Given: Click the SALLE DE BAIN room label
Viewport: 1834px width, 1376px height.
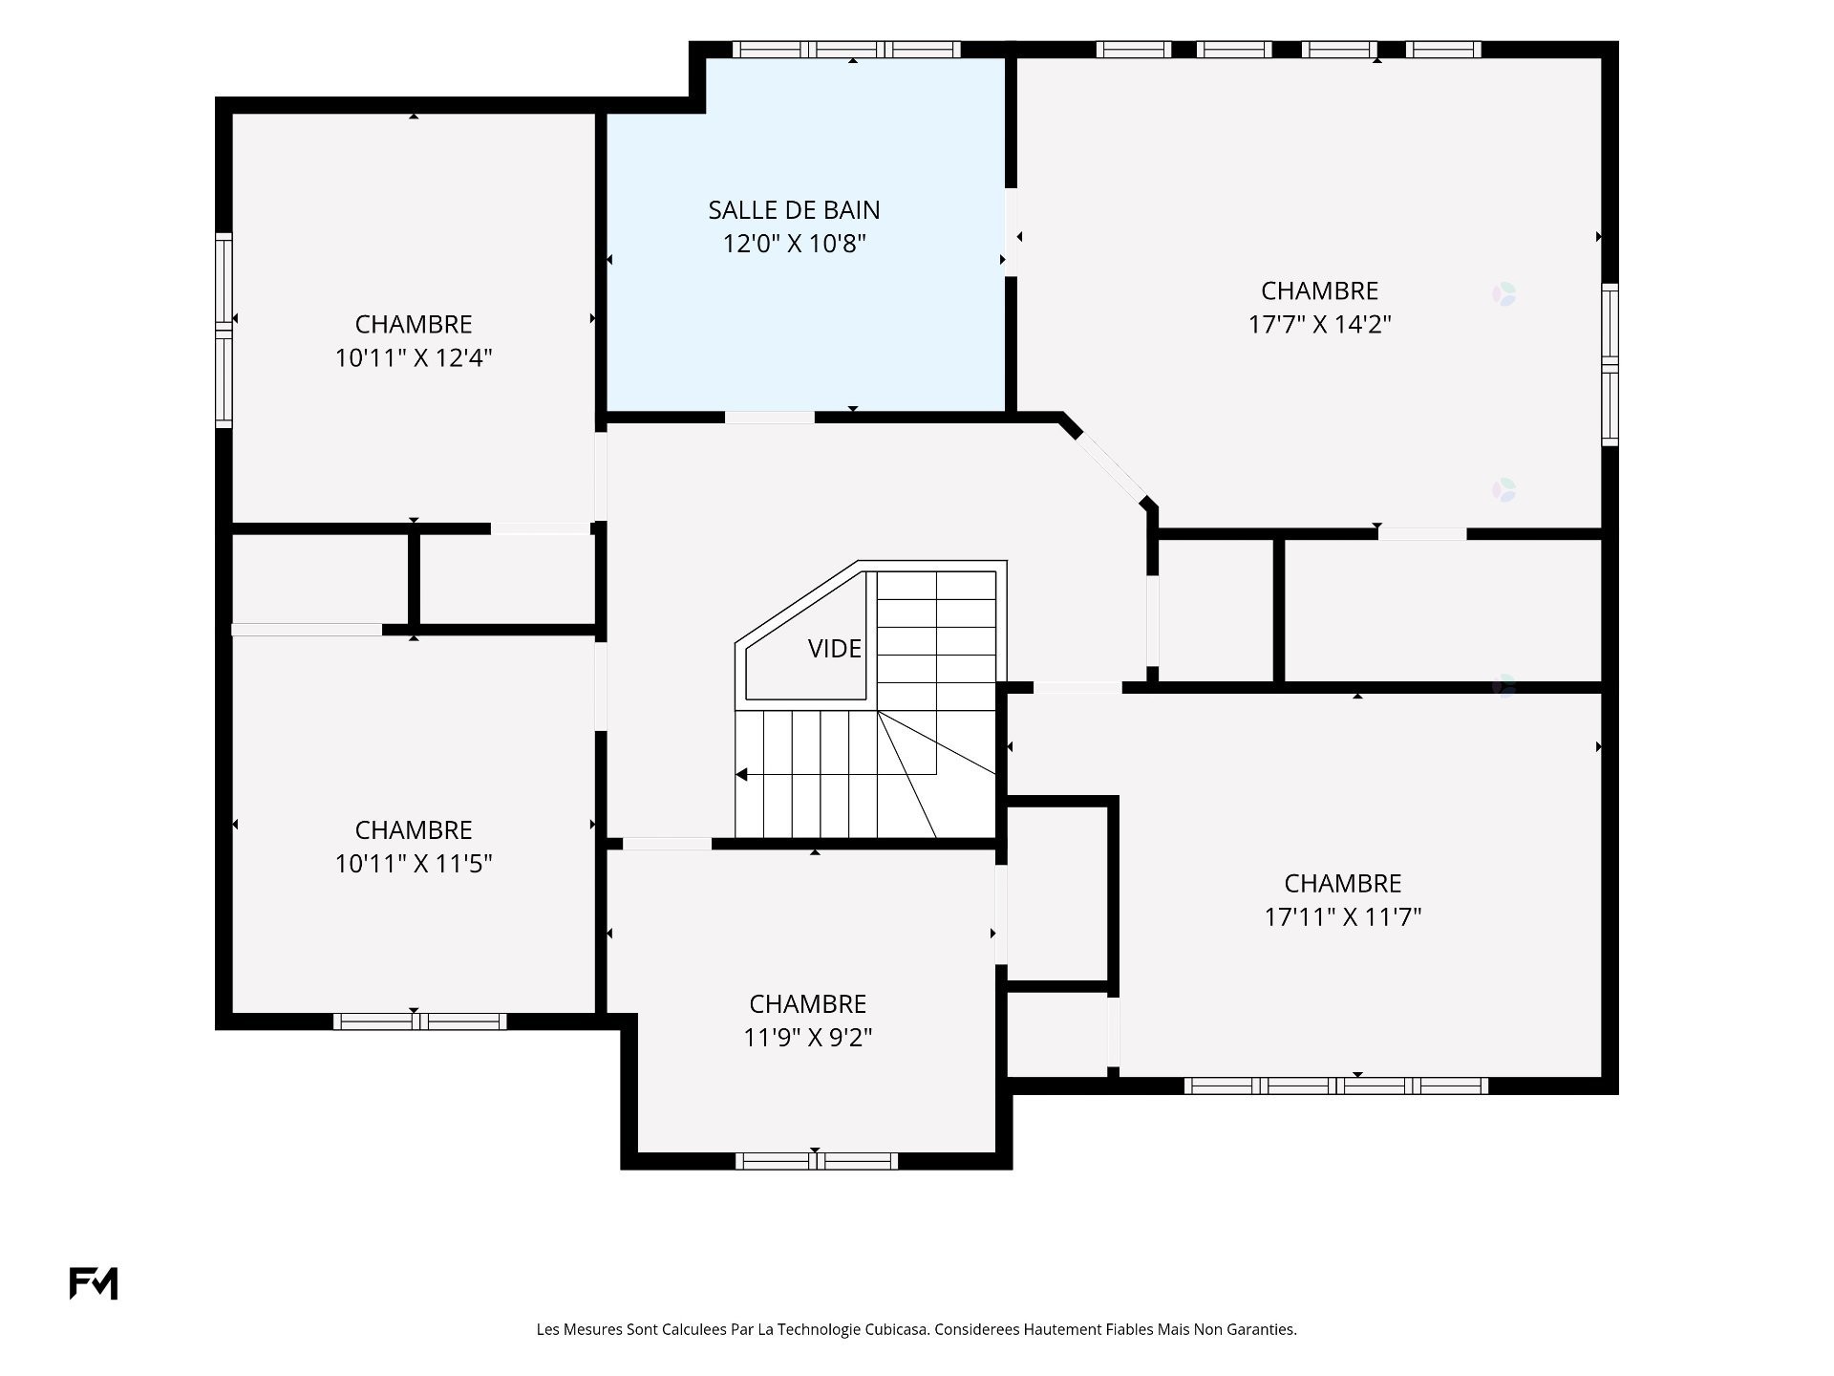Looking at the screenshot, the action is click(794, 210).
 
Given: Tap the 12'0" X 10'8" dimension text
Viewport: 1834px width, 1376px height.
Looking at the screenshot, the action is click(794, 244).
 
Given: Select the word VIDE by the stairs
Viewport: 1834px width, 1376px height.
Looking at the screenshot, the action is click(835, 649).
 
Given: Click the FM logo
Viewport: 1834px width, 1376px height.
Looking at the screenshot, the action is click(94, 1283).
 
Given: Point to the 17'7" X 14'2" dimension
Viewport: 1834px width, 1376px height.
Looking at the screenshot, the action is click(1319, 324).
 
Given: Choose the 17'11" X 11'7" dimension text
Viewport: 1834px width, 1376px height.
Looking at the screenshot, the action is click(1343, 916).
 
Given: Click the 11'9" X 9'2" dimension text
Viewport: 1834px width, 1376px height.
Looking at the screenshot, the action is click(808, 1037).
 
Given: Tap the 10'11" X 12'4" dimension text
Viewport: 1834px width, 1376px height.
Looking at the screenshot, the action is click(414, 357).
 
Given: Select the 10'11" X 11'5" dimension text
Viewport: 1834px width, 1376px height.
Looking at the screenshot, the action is click(414, 863).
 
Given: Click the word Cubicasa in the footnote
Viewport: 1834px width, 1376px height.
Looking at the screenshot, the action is click(897, 1329).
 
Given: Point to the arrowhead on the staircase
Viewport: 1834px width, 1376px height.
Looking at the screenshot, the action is click(741, 774).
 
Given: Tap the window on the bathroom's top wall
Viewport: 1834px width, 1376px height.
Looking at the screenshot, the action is click(846, 50).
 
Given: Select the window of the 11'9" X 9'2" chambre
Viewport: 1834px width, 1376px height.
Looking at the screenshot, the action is click(817, 1161).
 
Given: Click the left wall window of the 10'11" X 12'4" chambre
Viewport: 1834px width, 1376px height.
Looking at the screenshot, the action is click(224, 330).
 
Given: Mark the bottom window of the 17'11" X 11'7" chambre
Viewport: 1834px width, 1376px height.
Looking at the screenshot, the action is click(1336, 1086).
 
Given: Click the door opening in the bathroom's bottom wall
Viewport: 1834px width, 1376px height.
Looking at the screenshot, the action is click(770, 418).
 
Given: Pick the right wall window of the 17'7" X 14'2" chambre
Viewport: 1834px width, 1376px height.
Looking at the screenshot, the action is click(1610, 364).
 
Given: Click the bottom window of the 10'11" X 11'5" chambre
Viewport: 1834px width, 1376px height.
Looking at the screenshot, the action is click(419, 1021).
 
